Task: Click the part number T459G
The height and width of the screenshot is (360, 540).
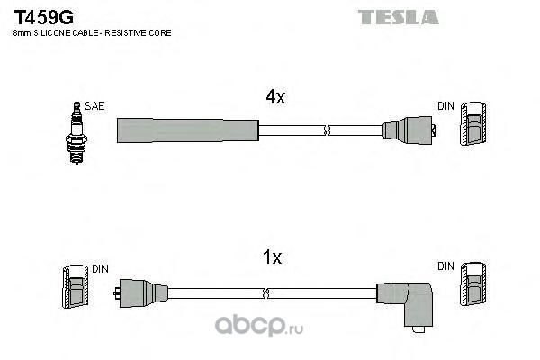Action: (43, 17)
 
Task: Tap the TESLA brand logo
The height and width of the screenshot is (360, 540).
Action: (398, 17)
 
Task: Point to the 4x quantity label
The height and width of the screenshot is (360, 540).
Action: (275, 97)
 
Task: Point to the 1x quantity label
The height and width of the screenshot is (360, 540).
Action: (272, 257)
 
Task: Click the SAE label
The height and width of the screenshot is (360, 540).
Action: (94, 106)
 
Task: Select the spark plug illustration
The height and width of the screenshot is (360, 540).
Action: (76, 132)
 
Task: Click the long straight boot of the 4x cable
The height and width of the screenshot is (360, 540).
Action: (188, 130)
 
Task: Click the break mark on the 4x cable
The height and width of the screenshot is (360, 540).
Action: (328, 130)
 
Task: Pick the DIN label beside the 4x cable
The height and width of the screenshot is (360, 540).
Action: (445, 106)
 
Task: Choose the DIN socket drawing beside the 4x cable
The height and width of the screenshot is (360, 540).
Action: (473, 123)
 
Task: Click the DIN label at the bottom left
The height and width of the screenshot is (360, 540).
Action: (100, 269)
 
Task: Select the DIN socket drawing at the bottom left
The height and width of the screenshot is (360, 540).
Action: (75, 286)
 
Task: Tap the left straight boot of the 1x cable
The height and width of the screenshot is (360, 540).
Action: (141, 293)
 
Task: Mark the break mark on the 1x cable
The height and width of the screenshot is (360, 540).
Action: (265, 293)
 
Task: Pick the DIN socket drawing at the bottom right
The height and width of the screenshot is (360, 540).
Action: (473, 283)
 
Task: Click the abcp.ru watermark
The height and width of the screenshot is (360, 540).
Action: (259, 325)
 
